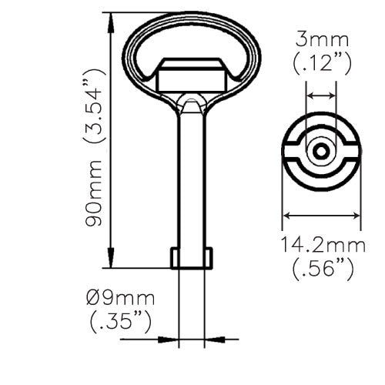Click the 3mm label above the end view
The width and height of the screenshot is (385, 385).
pos(321,39)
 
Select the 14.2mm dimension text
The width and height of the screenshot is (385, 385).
pos(322,246)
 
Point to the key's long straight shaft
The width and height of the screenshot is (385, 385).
pos(192,177)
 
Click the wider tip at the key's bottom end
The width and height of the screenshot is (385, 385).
pos(192,257)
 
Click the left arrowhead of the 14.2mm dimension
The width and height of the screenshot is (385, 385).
pos(288,215)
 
